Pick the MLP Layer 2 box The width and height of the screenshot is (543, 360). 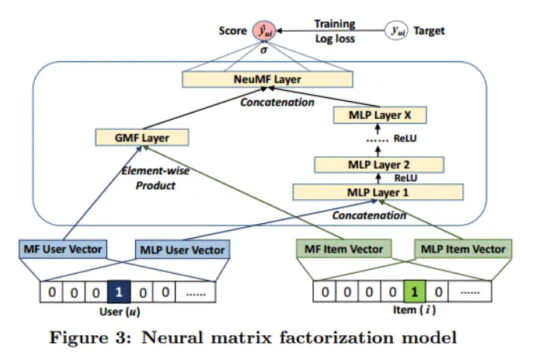[378, 164]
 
